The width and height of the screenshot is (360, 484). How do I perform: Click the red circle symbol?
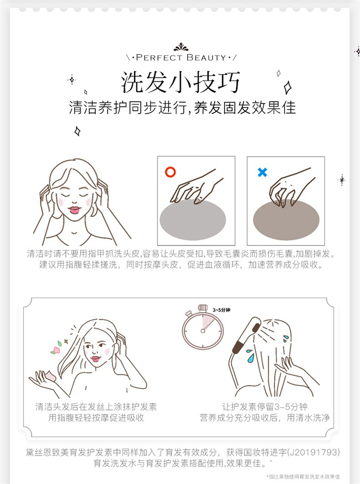pyautogui.click(x=170, y=172)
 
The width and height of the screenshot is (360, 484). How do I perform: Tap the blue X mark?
pyautogui.click(x=262, y=172)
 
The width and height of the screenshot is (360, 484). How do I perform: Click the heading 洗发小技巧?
pyautogui.click(x=180, y=82)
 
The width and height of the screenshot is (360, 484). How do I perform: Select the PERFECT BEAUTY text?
pyautogui.click(x=181, y=58)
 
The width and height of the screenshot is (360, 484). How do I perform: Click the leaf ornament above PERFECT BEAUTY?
pyautogui.click(x=181, y=47)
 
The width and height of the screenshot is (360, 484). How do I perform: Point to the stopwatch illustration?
pyautogui.click(x=203, y=327)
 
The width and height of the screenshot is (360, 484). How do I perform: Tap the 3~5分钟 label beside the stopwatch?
pyautogui.click(x=221, y=310)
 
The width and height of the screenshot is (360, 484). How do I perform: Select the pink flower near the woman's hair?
pyautogui.click(x=56, y=350)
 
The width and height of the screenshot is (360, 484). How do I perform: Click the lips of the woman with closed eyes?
pyautogui.click(x=74, y=210)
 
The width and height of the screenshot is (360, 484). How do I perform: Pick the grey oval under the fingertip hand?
pyautogui.click(x=193, y=219)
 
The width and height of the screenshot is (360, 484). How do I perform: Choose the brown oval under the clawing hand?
pyautogui.click(x=286, y=220)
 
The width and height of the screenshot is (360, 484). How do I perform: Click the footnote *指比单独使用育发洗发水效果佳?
pyautogui.click(x=303, y=477)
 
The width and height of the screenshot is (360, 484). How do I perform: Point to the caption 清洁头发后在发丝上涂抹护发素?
pyautogui.click(x=96, y=407)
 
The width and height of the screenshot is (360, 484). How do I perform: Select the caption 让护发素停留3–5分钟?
pyautogui.click(x=264, y=407)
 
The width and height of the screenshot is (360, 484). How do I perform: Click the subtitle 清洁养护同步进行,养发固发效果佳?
pyautogui.click(x=182, y=108)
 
